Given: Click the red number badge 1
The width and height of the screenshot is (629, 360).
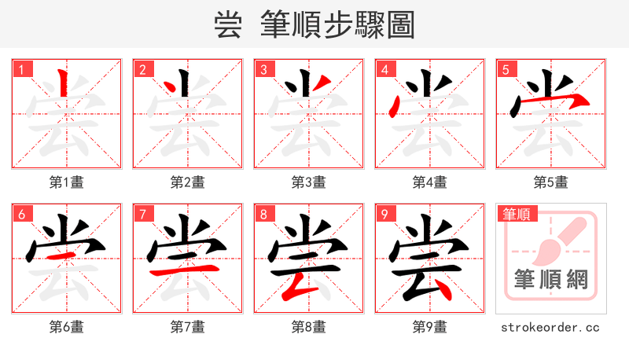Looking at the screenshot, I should click(20, 69).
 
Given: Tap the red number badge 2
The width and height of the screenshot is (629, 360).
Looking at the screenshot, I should click(142, 69).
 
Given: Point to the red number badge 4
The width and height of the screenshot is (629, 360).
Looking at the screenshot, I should click(384, 69).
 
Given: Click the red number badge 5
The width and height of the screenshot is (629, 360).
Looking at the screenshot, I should click(505, 69).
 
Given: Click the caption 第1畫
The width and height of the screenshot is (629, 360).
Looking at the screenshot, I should click(66, 182).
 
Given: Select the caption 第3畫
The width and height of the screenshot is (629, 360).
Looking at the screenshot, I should click(308, 182).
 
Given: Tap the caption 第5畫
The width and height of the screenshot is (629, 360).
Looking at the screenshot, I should click(550, 182).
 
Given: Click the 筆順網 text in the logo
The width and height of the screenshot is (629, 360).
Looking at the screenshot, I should click(550, 280).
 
